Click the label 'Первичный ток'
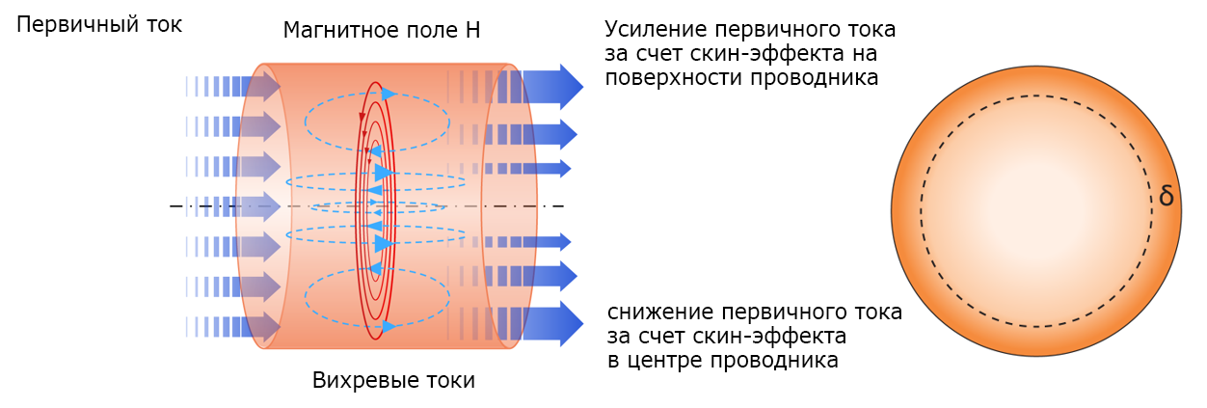pos(99,25)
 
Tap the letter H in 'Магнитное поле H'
pos(472,30)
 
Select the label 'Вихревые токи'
pos(393,380)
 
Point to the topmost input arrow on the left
pos(233,86)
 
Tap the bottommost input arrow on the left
pos(233,326)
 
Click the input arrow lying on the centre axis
pos(233,206)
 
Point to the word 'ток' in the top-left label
pos(164,25)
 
